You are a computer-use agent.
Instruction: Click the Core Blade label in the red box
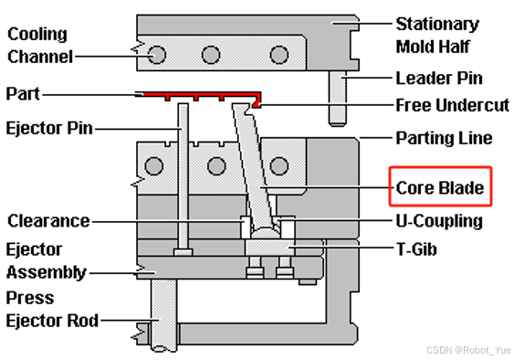440,187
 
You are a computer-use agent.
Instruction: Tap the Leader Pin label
439,78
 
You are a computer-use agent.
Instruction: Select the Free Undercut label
453,105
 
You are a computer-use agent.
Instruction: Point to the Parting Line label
445,138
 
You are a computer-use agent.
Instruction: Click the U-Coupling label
439,221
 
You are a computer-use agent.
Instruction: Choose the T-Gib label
416,249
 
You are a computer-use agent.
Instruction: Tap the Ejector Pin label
49,128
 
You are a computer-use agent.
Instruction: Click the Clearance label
48,221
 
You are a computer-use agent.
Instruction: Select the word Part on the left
23,94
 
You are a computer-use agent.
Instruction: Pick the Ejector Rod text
52,321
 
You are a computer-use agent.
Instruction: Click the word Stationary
437,25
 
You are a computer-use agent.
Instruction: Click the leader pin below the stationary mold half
338,98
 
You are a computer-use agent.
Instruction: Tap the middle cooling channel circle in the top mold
211,55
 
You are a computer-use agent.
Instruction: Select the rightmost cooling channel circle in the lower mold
279,165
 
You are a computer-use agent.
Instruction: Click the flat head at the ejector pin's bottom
184,251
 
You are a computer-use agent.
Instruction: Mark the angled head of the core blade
244,109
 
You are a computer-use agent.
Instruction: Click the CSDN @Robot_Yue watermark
468,350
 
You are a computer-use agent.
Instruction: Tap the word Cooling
37,34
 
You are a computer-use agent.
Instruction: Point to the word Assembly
47,272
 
